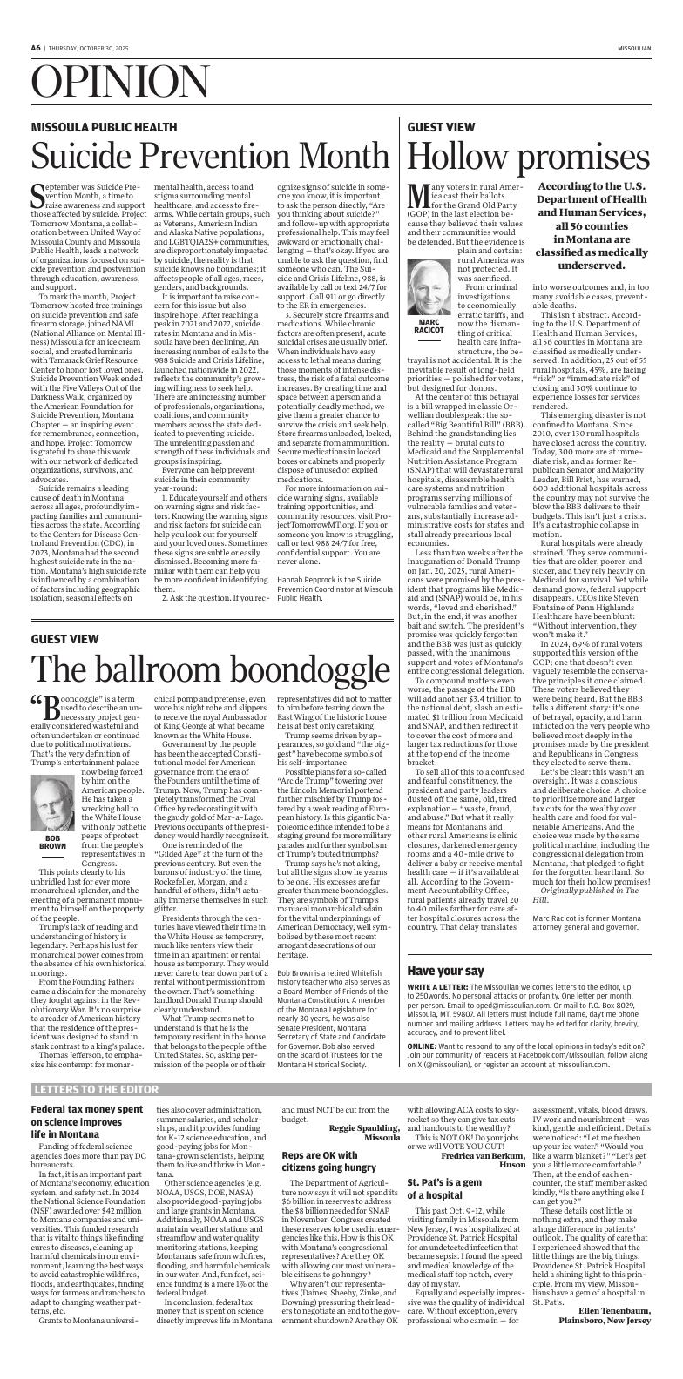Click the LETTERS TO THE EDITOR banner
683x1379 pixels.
coord(91,1090)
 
